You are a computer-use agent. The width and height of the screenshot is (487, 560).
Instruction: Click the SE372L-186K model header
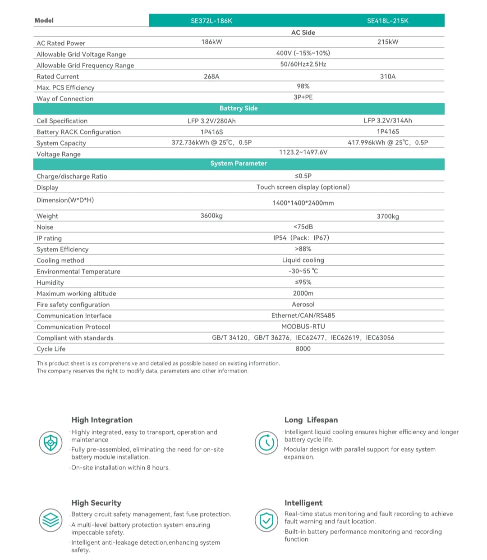211,21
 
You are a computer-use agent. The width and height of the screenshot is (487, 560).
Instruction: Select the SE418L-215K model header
387,21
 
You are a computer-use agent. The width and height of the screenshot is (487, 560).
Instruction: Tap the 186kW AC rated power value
211,42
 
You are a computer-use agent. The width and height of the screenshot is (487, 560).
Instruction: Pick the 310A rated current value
387,77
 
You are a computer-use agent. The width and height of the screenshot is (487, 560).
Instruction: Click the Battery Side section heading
239,109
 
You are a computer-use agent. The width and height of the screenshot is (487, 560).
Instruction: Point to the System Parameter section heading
239,164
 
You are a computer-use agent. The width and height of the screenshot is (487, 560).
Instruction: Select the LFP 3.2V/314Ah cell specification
387,121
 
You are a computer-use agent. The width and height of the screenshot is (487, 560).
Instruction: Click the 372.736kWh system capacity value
211,143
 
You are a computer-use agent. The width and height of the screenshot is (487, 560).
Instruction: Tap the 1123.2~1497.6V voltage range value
303,152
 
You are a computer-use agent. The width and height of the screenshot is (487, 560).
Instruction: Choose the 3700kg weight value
387,217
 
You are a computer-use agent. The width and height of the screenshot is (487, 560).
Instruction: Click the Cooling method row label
60,260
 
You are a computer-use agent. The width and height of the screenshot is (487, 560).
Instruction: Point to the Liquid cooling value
303,260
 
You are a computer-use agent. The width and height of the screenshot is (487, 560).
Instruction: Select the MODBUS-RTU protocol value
303,327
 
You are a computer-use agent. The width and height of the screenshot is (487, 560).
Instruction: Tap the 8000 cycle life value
303,349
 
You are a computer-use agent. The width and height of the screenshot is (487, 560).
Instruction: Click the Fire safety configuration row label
73,305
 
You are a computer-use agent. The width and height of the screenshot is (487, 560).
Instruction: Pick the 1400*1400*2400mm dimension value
303,203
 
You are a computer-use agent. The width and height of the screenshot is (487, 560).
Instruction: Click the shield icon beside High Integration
50,442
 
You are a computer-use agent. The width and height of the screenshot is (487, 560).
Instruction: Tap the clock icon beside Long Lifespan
266,442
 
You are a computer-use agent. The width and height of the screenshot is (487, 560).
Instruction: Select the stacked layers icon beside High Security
50,520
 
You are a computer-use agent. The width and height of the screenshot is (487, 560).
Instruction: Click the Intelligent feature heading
303,503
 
